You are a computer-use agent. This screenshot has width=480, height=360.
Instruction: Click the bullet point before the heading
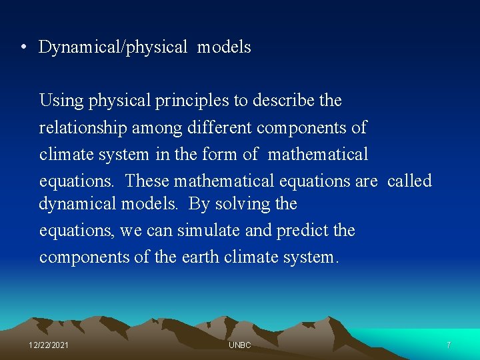click(x=23, y=47)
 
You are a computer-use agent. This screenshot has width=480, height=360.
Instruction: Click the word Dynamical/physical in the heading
click(x=113, y=47)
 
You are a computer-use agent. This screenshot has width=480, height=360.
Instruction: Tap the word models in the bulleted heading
click(x=224, y=47)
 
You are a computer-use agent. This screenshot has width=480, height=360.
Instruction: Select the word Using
click(x=61, y=101)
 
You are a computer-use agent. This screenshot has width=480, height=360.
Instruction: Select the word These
click(x=147, y=181)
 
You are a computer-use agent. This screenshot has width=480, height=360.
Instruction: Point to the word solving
click(x=243, y=203)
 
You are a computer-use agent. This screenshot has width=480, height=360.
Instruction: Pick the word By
click(x=198, y=204)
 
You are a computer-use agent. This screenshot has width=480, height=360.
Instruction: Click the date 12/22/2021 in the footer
click(x=49, y=345)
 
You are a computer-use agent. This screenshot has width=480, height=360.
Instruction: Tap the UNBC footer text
click(x=239, y=345)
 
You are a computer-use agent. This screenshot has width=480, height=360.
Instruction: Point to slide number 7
click(x=449, y=345)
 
